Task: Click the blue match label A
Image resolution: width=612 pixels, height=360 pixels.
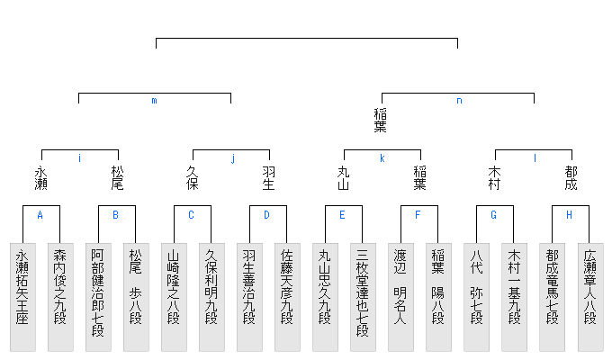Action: click(40, 215)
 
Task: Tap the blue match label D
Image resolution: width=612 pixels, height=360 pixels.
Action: click(266, 215)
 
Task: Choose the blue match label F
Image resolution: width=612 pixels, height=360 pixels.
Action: click(418, 215)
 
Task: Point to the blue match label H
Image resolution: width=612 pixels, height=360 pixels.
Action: click(569, 215)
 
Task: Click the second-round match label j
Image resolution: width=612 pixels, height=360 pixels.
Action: click(232, 158)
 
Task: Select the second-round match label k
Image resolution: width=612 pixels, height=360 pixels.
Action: click(382, 158)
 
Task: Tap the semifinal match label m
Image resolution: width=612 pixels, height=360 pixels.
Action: click(154, 101)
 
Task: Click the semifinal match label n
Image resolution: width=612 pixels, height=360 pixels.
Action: click(459, 101)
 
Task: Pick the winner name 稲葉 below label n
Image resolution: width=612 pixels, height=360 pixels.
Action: click(381, 120)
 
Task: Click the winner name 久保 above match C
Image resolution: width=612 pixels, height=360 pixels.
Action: click(192, 177)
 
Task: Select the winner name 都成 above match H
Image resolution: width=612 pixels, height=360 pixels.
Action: click(571, 177)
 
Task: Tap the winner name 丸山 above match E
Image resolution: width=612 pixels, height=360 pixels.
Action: click(343, 177)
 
